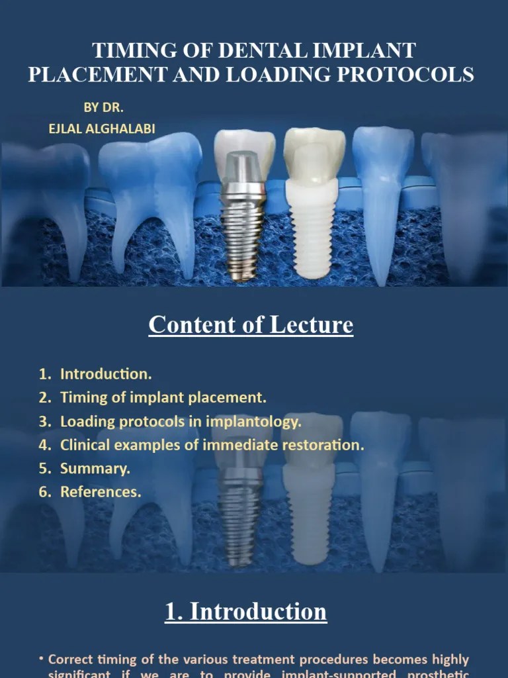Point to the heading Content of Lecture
click(251, 325)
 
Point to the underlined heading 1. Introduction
click(246, 611)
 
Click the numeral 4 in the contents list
click(43, 445)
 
